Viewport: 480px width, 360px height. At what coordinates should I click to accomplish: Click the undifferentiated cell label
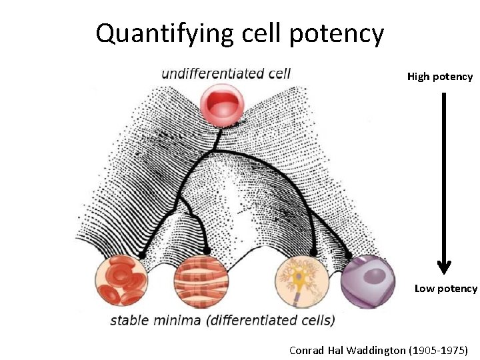coord(226,73)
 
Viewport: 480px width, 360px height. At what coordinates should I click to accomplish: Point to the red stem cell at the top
coord(223,105)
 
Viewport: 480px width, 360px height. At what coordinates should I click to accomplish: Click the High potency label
coord(440,77)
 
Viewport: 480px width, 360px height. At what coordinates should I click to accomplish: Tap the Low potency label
coord(445,289)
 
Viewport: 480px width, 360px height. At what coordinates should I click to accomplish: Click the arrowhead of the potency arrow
coord(444,267)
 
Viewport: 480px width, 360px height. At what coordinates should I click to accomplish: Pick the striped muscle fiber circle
coord(201,283)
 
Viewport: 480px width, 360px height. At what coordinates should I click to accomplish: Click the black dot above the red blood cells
coord(141,255)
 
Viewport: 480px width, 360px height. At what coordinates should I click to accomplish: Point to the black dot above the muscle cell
coord(207,251)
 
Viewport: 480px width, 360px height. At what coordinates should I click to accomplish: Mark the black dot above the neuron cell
coord(313,253)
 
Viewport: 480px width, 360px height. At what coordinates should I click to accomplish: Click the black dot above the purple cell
coord(349,255)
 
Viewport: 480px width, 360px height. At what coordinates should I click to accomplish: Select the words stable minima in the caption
coord(156,320)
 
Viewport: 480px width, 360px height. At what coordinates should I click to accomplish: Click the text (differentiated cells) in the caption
coord(271,320)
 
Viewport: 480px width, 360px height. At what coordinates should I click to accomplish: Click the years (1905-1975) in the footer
coord(439,350)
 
